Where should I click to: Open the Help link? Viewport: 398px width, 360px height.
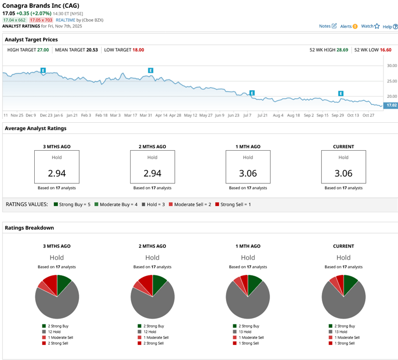coord(390,26)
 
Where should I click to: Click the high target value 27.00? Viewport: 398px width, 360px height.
coord(43,50)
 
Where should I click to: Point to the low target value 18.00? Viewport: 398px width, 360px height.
coord(138,50)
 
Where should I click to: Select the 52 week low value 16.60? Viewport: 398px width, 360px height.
coord(385,50)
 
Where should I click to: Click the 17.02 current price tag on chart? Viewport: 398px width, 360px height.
coord(391,105)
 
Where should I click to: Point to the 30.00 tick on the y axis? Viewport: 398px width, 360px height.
coord(391,66)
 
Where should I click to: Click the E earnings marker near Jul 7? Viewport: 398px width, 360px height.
coord(252,93)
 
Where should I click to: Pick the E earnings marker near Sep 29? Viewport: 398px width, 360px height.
coord(341,93)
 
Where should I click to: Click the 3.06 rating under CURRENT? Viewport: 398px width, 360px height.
coord(344,173)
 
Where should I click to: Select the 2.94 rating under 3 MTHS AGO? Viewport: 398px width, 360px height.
coord(56,173)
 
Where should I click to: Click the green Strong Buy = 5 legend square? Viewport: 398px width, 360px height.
coord(55,205)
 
